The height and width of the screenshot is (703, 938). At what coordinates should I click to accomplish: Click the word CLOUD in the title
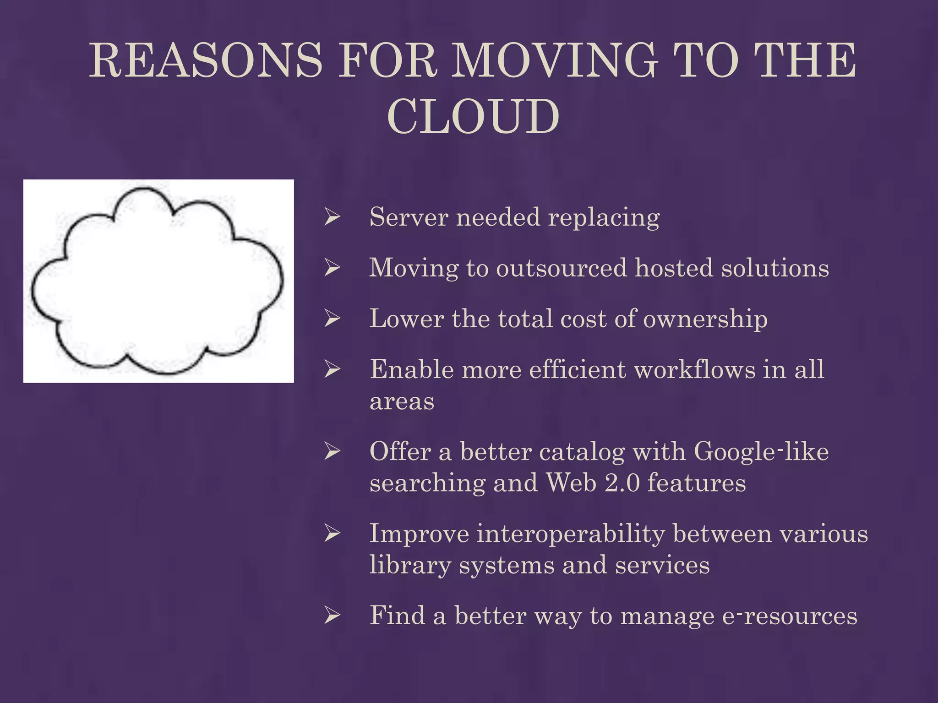(473, 117)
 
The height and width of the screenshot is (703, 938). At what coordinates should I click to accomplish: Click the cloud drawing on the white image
(158, 281)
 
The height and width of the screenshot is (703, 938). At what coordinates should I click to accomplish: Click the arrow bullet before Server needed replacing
(332, 217)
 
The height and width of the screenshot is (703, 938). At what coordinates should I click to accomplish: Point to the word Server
(409, 217)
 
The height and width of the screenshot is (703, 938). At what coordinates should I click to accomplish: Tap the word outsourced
(561, 268)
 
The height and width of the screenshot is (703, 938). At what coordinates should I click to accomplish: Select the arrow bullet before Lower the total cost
(332, 319)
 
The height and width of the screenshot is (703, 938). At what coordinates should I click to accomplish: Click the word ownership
(705, 319)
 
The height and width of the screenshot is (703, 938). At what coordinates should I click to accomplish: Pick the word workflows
(695, 369)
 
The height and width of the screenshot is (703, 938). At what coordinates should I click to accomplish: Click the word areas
(402, 402)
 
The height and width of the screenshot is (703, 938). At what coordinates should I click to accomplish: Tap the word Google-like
(761, 452)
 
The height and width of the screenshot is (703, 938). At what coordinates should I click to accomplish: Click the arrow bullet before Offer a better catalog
(332, 452)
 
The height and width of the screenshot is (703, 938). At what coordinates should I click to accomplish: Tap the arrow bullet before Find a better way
(332, 616)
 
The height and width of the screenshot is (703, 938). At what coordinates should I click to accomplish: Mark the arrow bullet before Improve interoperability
(332, 534)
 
